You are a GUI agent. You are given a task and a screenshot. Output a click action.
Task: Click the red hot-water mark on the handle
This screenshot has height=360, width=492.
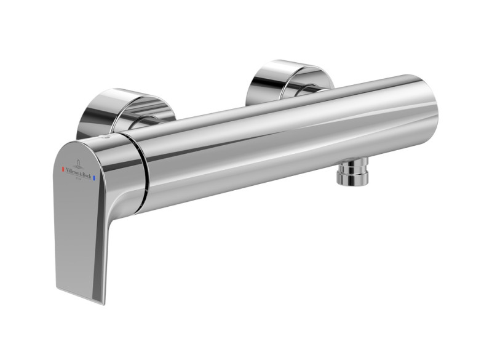(x=63, y=167)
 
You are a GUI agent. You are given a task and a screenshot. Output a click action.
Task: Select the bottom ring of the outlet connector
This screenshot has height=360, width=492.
(x=352, y=179)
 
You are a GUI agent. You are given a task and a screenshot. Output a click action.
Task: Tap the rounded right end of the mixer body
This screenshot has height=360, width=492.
(x=427, y=108)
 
